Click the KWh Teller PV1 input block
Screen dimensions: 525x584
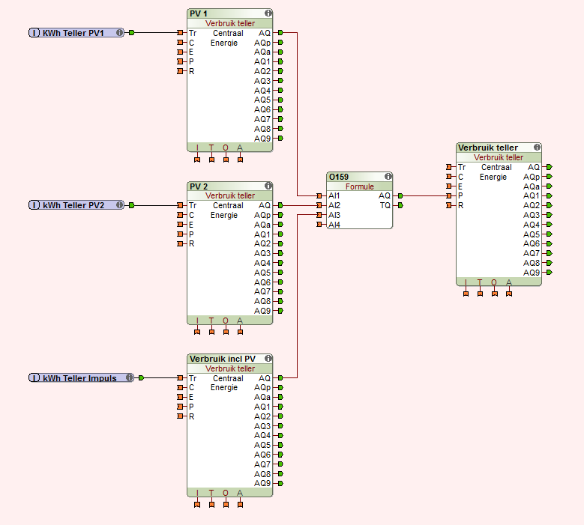click(75, 33)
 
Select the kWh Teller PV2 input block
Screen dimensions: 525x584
click(75, 205)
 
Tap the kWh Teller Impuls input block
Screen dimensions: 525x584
click(79, 378)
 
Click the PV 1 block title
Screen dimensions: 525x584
click(199, 13)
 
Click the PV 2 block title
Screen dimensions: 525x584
click(199, 186)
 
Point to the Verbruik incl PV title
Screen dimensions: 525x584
click(222, 359)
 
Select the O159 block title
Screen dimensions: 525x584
click(338, 177)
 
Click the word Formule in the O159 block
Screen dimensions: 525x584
click(359, 186)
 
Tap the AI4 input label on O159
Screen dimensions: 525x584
click(334, 225)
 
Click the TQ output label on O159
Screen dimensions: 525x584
click(385, 205)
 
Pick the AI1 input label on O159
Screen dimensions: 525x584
click(334, 195)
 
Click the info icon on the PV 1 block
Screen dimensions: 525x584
click(268, 13)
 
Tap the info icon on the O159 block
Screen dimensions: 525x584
click(387, 177)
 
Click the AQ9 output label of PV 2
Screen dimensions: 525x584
click(262, 311)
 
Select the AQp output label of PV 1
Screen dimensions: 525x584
click(262, 43)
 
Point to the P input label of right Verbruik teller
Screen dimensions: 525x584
click(460, 195)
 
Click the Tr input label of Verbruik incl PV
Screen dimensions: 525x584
click(193, 378)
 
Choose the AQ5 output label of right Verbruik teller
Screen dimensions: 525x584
click(532, 234)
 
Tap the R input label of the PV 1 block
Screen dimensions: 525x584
click(191, 71)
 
